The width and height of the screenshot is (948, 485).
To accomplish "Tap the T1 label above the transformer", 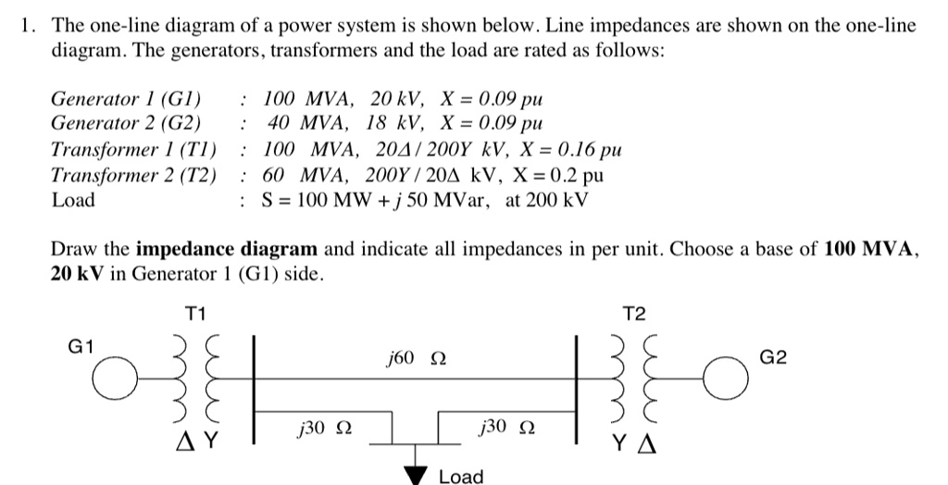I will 194,315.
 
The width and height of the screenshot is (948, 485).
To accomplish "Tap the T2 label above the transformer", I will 634,315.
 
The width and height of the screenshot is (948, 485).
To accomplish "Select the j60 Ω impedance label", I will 416,357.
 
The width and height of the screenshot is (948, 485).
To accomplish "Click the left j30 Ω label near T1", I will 323,427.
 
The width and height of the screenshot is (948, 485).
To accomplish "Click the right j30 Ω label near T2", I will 507,427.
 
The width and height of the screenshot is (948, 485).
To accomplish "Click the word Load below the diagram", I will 461,477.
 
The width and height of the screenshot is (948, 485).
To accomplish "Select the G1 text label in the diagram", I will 81,346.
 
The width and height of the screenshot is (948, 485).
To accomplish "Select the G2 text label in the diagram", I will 773,356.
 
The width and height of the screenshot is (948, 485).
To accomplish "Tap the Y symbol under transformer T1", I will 211,441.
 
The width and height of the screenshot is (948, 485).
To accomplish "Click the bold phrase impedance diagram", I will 227,249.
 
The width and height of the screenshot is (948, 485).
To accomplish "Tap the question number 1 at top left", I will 28,25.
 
